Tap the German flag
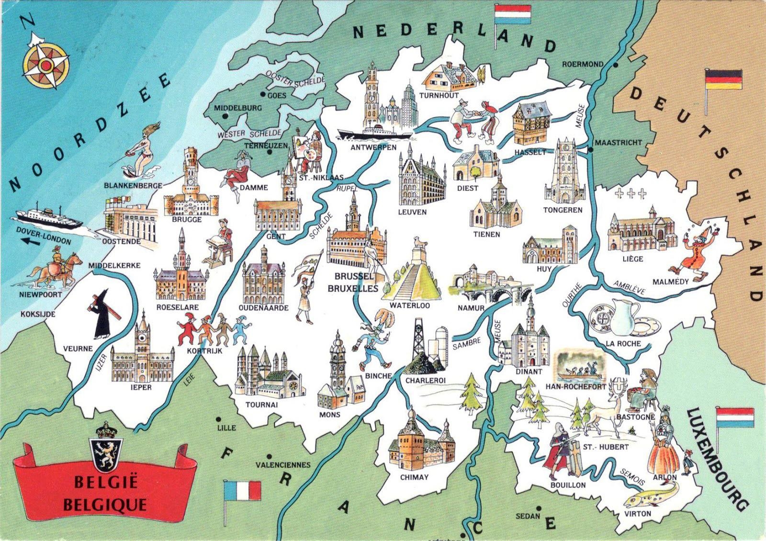pyautogui.click(x=723, y=79)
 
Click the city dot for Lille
pyautogui.click(x=219, y=419)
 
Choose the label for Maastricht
pyautogui.click(x=618, y=143)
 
